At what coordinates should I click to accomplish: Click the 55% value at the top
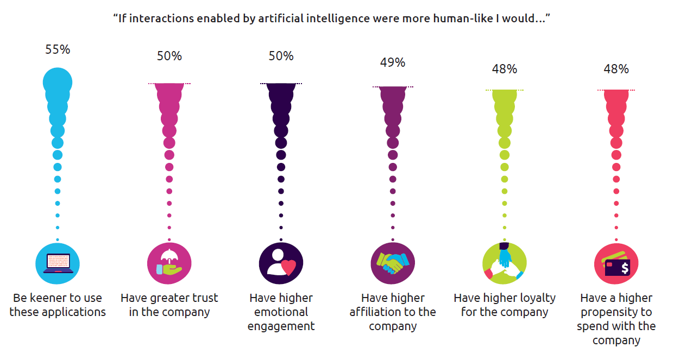(x=58, y=49)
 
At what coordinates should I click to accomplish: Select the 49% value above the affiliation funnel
(x=393, y=62)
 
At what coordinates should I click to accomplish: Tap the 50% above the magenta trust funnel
(x=169, y=56)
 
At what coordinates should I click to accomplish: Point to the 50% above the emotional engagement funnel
(x=281, y=56)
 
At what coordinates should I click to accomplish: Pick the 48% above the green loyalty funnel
(x=505, y=69)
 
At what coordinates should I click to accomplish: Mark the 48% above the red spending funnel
(x=616, y=69)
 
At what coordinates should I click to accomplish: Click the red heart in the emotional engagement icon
(x=288, y=267)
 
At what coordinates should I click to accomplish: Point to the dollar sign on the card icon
(x=625, y=268)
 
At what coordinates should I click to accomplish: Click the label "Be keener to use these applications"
(x=58, y=305)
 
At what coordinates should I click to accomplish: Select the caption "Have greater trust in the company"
(x=169, y=305)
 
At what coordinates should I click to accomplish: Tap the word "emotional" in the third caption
(x=281, y=312)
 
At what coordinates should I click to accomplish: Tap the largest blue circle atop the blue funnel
(x=58, y=83)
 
